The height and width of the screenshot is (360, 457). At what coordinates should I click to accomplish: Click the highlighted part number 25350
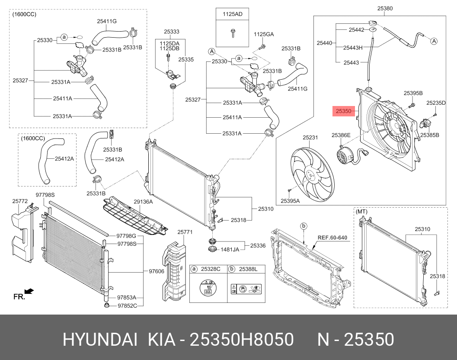tap(343, 111)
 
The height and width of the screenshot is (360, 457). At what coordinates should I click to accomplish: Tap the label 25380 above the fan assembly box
tap(385, 9)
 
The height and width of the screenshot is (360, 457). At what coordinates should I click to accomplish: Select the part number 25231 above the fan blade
tap(310, 138)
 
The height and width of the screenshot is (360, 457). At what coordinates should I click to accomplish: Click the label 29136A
tap(143, 202)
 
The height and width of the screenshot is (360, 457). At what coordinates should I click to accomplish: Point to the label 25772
tap(20, 201)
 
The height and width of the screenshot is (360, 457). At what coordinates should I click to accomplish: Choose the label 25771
tap(185, 232)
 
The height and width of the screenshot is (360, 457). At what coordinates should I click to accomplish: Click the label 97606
tap(157, 271)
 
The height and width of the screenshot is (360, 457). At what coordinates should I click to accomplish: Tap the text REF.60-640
tap(332, 238)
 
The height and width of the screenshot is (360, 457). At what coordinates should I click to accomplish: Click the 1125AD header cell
tap(233, 14)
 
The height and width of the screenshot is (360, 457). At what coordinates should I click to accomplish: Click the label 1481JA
tap(230, 249)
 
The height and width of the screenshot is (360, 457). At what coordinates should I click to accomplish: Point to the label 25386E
tap(341, 135)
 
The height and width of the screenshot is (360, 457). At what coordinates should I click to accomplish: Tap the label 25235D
tap(436, 103)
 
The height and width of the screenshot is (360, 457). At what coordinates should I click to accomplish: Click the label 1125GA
tap(264, 34)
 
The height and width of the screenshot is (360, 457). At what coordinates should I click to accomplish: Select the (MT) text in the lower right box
tap(361, 212)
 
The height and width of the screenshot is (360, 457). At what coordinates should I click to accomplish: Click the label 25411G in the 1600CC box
tap(107, 21)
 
